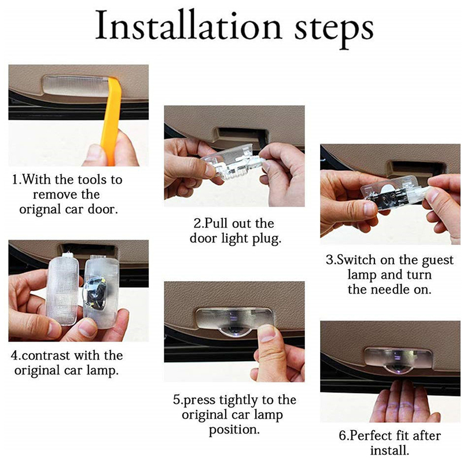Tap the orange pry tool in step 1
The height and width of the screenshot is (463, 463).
pyautogui.click(x=111, y=118)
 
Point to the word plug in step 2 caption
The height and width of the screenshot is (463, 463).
pyautogui.click(x=267, y=239)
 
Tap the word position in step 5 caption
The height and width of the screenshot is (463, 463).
pyautogui.click(x=234, y=429)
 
